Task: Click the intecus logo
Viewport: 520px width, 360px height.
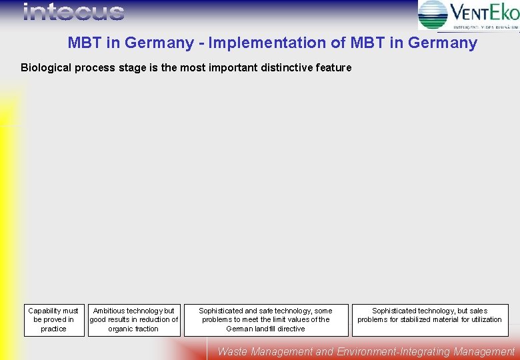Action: [73, 12]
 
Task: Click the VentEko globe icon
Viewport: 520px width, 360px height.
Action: [433, 15]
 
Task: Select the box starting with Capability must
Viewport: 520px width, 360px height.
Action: [54, 320]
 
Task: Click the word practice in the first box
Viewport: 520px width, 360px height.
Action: [53, 329]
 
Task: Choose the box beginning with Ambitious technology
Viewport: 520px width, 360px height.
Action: [134, 320]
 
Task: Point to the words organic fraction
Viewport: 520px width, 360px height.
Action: [133, 329]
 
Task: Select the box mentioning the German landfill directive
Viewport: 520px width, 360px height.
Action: [266, 320]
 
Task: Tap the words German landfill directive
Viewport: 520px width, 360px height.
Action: [265, 329]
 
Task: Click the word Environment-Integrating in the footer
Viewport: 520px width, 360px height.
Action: [389, 351]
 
